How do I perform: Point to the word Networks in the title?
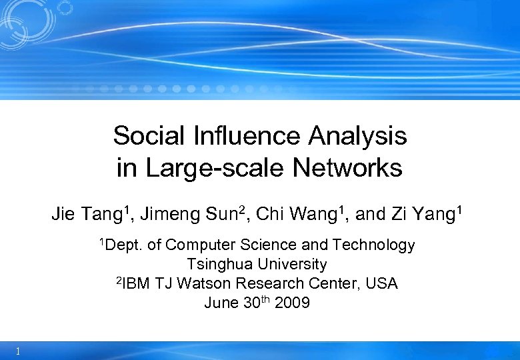pos(347,168)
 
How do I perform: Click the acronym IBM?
pos(137,283)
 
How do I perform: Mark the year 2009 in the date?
pos(292,303)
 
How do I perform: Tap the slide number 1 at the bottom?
pos(17,351)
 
